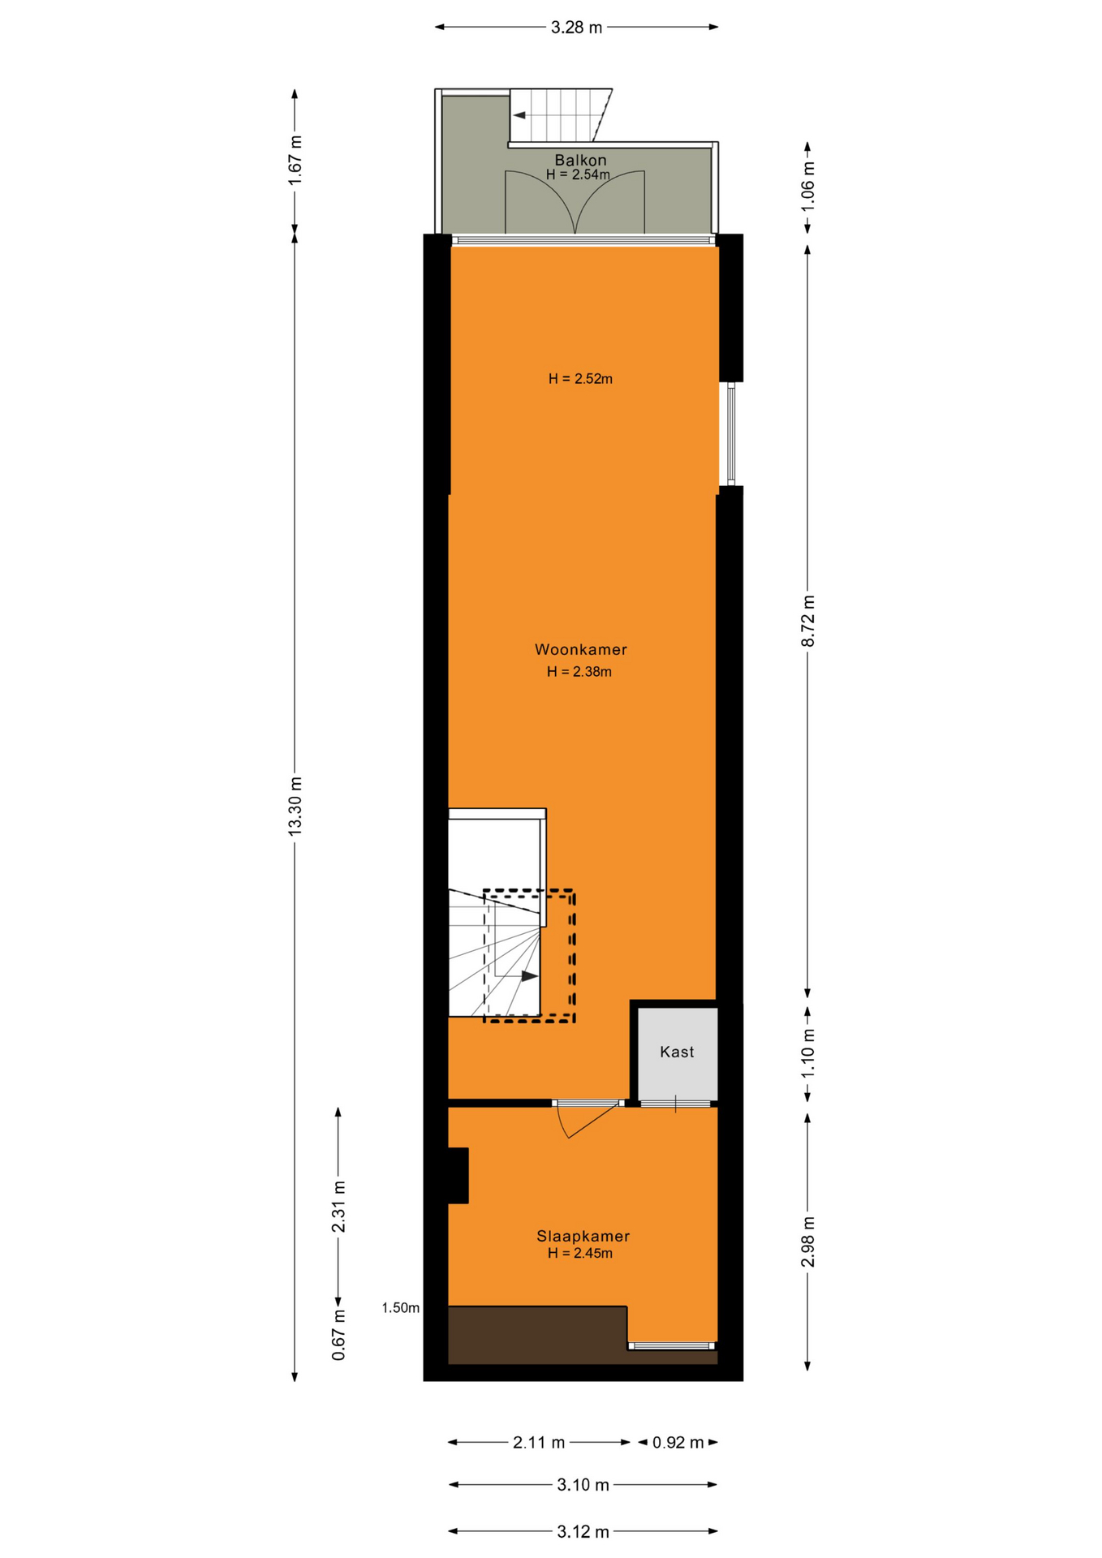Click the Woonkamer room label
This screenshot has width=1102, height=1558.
tap(580, 649)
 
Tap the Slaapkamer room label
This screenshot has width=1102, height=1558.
tap(583, 1236)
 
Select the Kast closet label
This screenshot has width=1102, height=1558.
tap(677, 1052)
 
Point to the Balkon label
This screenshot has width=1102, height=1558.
tap(580, 160)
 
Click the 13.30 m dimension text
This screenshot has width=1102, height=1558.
tap(295, 806)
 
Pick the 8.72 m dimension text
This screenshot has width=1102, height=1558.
tap(808, 621)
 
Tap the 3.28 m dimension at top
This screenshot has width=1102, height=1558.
tap(577, 28)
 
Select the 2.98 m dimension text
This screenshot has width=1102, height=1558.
tap(808, 1242)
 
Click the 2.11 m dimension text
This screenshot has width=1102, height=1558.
tap(539, 1442)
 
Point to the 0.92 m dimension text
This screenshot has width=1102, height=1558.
tap(678, 1442)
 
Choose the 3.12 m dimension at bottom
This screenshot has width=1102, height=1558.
tap(583, 1531)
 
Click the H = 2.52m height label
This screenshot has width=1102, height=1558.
tap(580, 378)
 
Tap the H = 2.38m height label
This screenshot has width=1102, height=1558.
tap(579, 671)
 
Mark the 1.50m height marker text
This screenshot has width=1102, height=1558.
tap(401, 1307)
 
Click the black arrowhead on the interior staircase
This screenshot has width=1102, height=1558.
tap(529, 975)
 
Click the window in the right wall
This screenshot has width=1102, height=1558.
tap(730, 434)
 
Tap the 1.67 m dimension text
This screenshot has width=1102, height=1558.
tap(295, 160)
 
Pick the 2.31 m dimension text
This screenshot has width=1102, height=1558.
tap(339, 1207)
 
